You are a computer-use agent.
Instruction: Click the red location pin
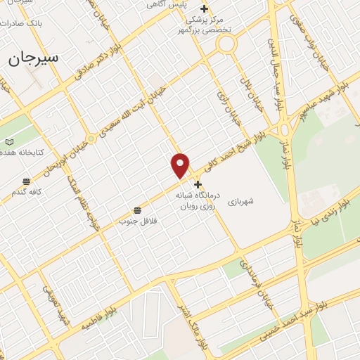[x=181, y=165]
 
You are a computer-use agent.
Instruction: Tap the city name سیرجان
[x=33, y=58]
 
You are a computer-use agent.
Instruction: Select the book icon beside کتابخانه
[x=10, y=142]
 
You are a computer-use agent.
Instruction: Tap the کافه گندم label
[x=26, y=191]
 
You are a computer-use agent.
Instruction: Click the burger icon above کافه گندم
[x=26, y=181]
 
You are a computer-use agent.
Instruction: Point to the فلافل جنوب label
[x=136, y=221]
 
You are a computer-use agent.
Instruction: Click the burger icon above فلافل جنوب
[x=136, y=210]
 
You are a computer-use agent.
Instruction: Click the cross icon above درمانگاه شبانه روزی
[x=198, y=184]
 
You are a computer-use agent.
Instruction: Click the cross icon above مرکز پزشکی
[x=205, y=9]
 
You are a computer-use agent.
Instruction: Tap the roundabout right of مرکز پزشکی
[x=226, y=44]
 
